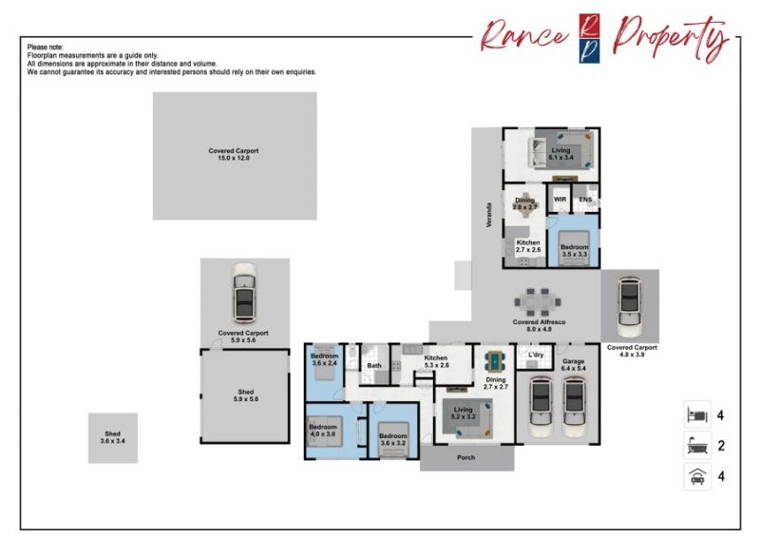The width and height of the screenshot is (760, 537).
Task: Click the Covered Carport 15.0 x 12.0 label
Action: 234,154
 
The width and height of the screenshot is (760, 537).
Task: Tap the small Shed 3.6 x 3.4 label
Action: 112,437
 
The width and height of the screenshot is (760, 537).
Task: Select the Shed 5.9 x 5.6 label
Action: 246,395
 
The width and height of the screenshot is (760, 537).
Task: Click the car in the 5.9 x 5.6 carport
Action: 244,293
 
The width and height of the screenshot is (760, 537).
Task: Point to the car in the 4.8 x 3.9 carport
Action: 629,307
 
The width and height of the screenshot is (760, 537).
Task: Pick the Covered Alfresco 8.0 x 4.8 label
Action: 539,325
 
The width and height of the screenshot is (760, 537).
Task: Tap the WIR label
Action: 560,200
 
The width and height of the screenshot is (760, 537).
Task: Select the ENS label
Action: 585,200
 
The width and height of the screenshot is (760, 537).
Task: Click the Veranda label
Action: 489,215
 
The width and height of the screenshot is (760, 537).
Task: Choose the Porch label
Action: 465,457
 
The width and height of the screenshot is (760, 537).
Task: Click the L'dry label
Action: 536,355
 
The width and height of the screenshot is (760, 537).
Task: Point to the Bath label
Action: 374,365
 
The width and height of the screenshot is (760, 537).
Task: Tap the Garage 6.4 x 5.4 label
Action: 574,365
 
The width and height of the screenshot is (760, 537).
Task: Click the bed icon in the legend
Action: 697,414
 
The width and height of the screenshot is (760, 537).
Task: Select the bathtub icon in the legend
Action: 697,446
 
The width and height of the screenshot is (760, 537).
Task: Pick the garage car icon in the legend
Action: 697,476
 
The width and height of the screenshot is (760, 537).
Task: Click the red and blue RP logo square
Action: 589,38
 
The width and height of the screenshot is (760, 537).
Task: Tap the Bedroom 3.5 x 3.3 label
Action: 575,250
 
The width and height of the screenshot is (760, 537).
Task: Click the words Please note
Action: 45,48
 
